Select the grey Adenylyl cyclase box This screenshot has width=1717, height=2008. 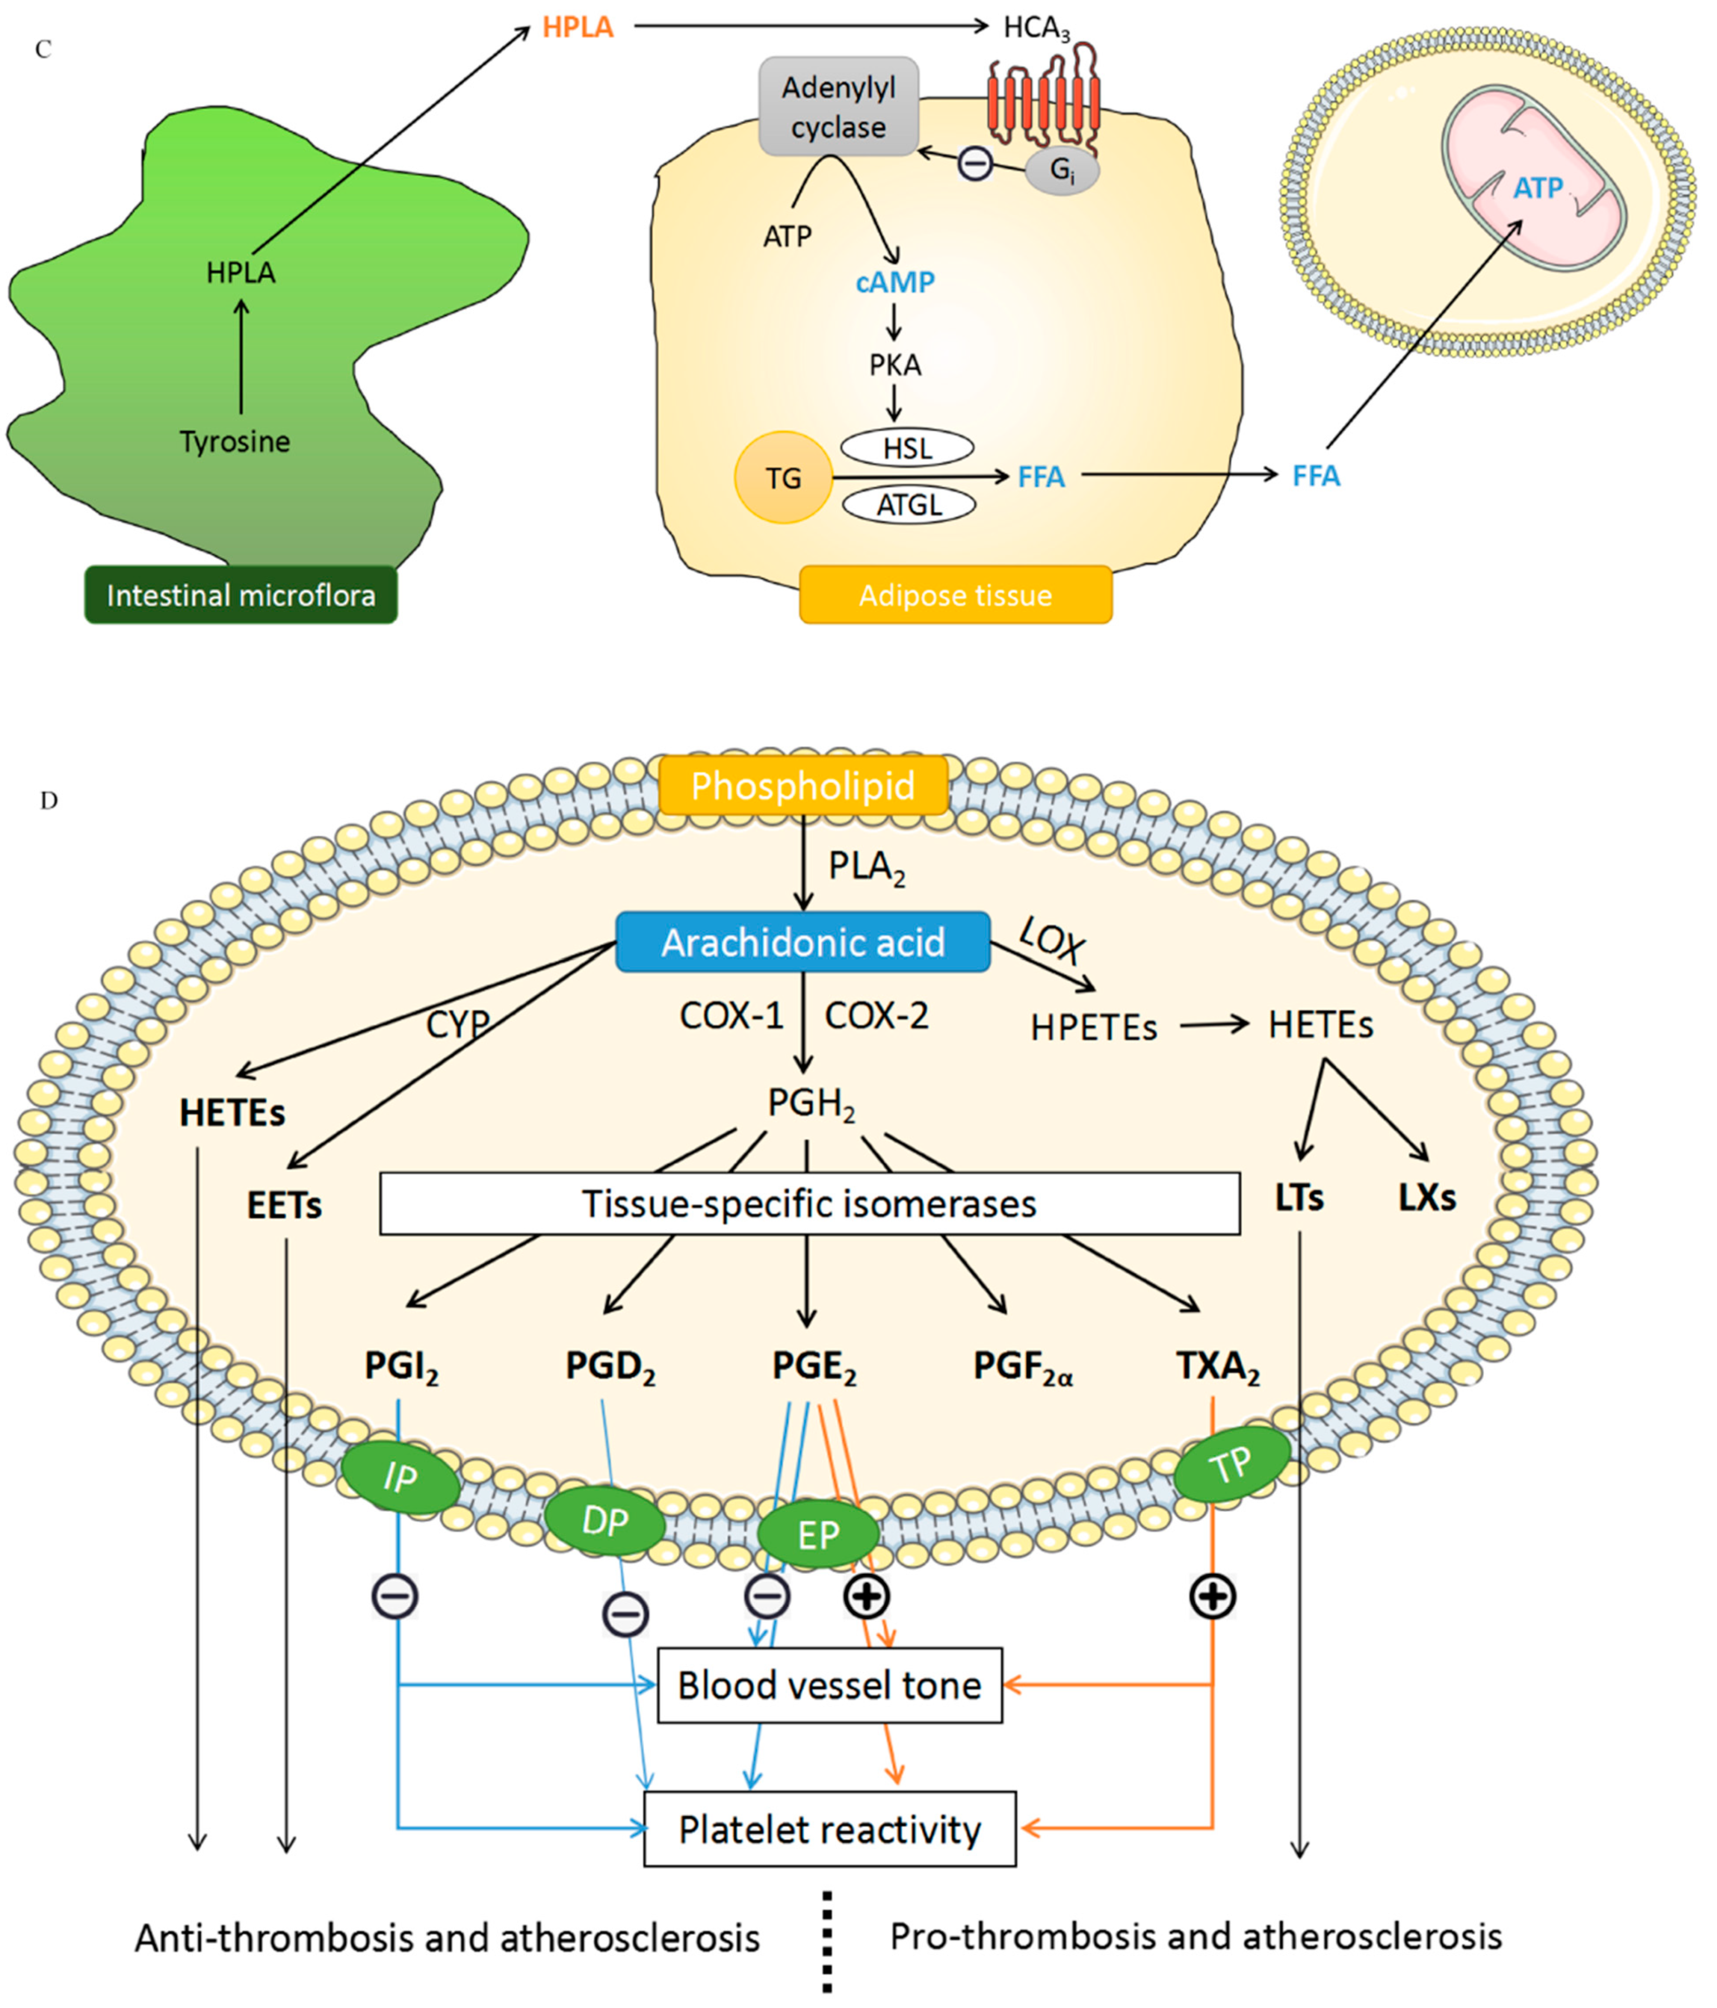[x=838, y=107]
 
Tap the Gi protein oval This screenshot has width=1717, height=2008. [x=1062, y=171]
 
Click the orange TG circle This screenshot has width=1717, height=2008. [x=783, y=478]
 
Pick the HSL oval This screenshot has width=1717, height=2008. [x=907, y=448]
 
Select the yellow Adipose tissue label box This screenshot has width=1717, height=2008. [x=955, y=595]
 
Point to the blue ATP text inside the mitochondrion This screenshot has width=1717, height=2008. [x=1538, y=188]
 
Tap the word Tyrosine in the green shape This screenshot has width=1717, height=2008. [x=234, y=442]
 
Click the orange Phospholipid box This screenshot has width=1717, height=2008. [x=802, y=785]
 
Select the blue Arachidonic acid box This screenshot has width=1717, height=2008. [x=802, y=942]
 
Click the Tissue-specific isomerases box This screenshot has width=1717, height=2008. [x=809, y=1204]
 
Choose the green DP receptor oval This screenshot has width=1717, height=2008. [x=604, y=1522]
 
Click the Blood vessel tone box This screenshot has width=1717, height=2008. [x=830, y=1685]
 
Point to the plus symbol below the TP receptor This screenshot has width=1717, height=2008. [x=1212, y=1596]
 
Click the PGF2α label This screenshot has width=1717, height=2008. [x=1022, y=1366]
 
